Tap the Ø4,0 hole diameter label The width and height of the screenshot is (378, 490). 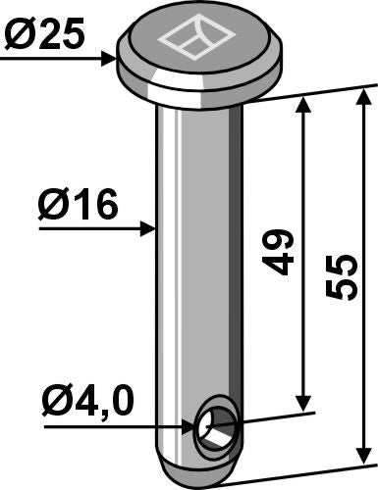point(86,401)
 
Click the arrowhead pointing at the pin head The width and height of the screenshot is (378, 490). point(109,60)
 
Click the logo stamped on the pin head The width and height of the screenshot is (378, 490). point(193,40)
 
